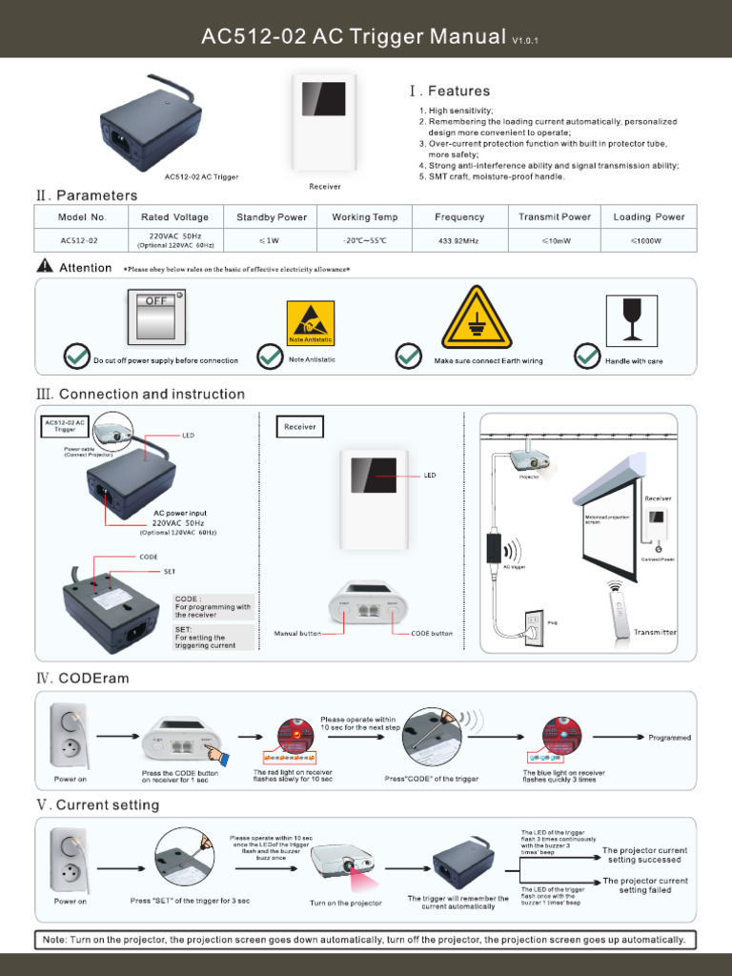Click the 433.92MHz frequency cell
pyautogui.click(x=458, y=241)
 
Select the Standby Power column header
pyautogui.click(x=272, y=217)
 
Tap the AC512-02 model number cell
pyautogui.click(x=79, y=241)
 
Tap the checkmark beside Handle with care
pyautogui.click(x=586, y=356)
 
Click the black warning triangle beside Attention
pyautogui.click(x=44, y=267)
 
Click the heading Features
pyautogui.click(x=458, y=91)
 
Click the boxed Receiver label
pyautogui.click(x=299, y=427)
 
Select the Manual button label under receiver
pyautogui.click(x=297, y=633)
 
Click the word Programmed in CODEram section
pyautogui.click(x=669, y=738)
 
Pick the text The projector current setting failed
pyautogui.click(x=645, y=885)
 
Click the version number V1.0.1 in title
pyautogui.click(x=525, y=41)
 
